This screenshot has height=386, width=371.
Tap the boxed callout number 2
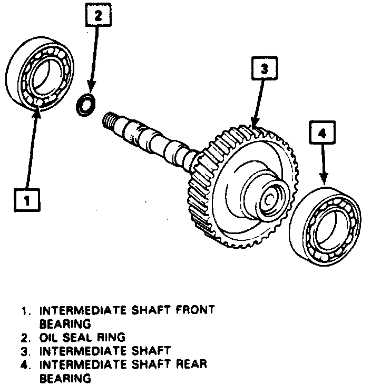click(97, 16)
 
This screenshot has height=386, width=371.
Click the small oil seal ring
click(86, 104)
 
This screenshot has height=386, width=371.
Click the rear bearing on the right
click(326, 224)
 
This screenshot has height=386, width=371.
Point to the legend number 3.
click(25, 351)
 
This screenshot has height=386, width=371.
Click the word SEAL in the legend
click(78, 337)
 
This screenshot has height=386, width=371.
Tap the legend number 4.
click(25, 364)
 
